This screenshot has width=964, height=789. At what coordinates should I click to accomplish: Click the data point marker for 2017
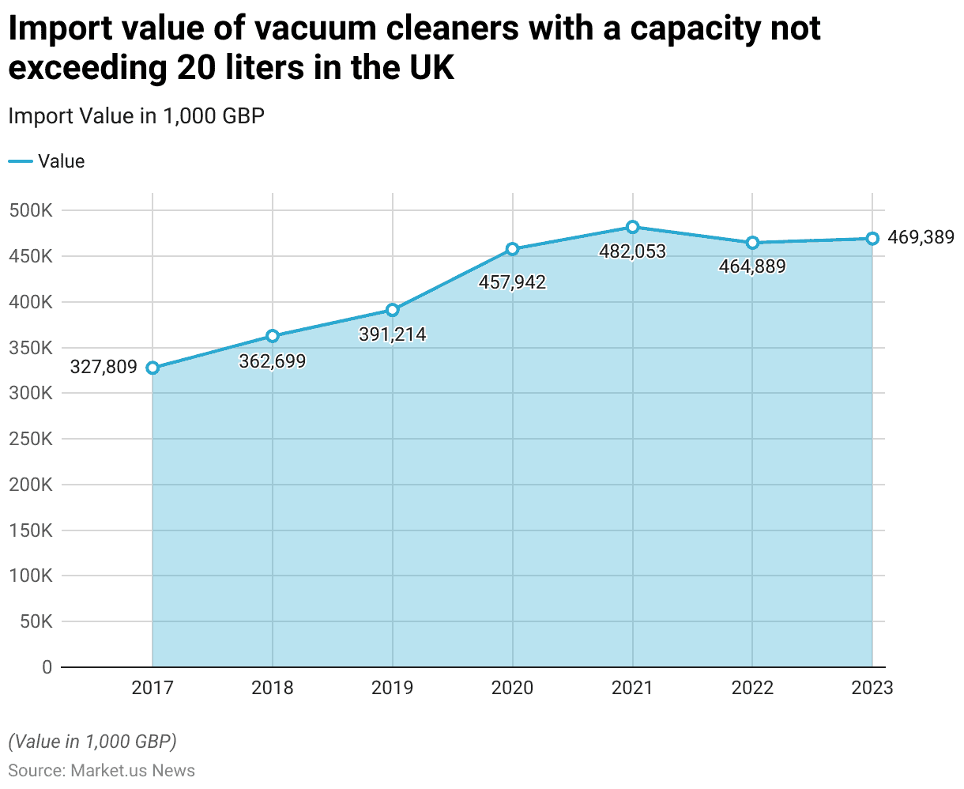(153, 368)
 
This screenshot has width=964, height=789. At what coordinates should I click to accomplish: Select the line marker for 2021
(632, 227)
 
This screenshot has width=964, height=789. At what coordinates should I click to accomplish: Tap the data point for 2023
(872, 239)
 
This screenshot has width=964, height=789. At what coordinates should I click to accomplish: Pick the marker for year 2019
(393, 310)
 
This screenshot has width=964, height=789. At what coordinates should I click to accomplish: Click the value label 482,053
(632, 251)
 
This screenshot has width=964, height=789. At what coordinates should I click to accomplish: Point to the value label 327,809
(104, 368)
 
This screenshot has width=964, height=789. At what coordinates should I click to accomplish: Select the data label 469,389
(921, 236)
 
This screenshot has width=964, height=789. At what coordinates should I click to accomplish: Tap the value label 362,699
(272, 361)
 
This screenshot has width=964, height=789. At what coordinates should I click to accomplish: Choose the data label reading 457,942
(512, 282)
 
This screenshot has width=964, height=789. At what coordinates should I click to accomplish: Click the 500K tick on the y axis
(32, 211)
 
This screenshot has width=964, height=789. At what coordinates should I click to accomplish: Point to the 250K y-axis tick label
(32, 440)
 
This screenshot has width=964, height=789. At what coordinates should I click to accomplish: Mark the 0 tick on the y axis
(47, 667)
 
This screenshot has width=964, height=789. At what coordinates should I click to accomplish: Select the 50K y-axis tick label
(36, 622)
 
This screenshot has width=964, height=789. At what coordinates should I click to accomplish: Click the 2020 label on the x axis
(512, 688)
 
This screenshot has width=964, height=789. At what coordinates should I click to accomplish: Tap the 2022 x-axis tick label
(752, 688)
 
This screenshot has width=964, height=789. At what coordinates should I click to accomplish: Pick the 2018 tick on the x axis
(272, 688)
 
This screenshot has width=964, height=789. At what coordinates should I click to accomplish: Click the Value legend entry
(47, 161)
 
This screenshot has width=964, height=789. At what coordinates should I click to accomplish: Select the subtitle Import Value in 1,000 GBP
(136, 116)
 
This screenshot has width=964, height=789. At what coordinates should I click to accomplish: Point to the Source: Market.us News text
(101, 770)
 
